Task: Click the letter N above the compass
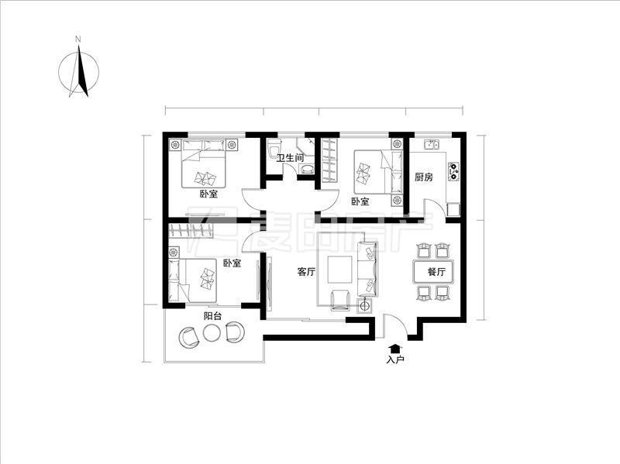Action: click(x=78, y=40)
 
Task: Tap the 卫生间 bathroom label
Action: click(x=290, y=158)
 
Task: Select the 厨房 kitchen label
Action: click(x=423, y=177)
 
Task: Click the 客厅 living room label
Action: click(x=306, y=272)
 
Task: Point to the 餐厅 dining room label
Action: click(x=436, y=272)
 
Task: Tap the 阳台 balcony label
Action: click(x=212, y=316)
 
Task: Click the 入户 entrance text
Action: click(x=395, y=359)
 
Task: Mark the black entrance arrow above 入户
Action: click(x=394, y=349)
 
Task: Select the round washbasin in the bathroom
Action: click(x=306, y=170)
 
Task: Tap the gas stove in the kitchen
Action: click(x=454, y=171)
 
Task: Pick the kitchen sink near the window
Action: click(x=431, y=144)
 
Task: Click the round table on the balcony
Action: click(x=212, y=333)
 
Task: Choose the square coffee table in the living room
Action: click(x=339, y=270)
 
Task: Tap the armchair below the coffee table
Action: click(x=340, y=300)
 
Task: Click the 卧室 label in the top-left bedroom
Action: click(x=208, y=194)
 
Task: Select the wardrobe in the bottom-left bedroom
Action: click(x=191, y=230)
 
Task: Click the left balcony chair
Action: click(x=189, y=337)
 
